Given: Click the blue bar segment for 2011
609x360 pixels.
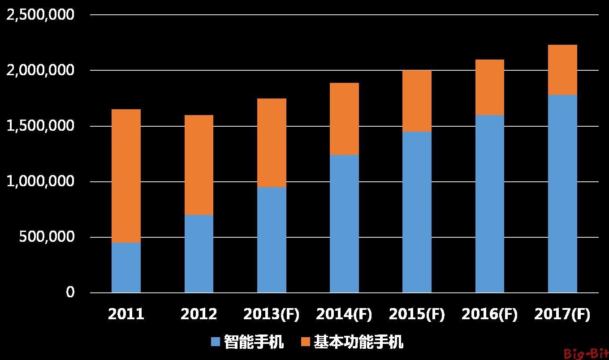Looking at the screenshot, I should (126, 267).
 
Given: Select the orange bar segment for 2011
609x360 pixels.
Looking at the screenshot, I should (126, 176).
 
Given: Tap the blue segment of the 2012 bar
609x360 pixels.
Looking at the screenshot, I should (199, 253).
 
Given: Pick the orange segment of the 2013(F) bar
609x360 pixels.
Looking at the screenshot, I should (272, 142).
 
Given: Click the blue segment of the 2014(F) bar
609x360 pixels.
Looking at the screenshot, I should (344, 223).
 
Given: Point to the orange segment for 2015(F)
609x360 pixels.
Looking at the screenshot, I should (417, 101).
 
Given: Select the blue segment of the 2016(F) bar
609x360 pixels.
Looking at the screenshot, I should (490, 204).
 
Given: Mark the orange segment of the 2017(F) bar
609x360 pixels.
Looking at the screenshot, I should (562, 69).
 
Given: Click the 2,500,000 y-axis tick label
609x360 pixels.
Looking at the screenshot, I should (41, 15).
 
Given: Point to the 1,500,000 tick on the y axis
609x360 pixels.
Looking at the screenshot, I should (41, 126).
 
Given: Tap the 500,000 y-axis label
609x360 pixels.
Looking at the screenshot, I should (47, 237).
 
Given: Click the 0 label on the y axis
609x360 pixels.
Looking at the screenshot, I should (70, 293).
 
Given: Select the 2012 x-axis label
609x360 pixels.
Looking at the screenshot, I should (199, 314).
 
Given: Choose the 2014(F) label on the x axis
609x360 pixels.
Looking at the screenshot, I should (344, 314).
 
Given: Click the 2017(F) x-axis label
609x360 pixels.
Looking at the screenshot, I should (562, 314).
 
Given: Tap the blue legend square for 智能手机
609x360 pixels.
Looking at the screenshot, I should (216, 343).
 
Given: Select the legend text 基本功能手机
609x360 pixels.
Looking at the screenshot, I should (358, 343).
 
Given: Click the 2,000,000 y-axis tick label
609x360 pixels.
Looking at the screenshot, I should (41, 71).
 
